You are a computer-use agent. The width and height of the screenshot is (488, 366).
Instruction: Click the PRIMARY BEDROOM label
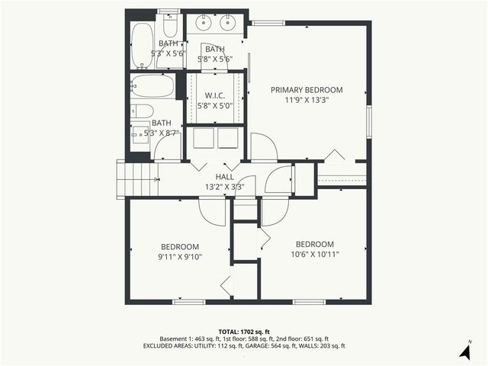(307, 89)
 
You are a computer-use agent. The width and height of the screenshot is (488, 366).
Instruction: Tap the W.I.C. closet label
(214, 96)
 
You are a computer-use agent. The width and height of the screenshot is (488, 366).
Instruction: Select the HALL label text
(224, 176)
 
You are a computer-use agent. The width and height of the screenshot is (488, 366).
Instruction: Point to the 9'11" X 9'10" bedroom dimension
(179, 257)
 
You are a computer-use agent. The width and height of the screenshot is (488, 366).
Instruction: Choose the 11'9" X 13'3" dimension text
(307, 99)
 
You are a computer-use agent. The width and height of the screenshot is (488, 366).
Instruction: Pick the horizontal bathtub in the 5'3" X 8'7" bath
(152, 85)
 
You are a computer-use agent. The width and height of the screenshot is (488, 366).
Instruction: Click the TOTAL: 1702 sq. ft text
(243, 332)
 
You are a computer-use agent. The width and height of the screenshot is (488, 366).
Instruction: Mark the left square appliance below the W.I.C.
(204, 139)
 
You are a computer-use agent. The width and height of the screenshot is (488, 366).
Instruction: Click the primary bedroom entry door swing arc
(264, 146)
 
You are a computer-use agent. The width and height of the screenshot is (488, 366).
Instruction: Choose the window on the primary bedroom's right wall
(368, 119)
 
